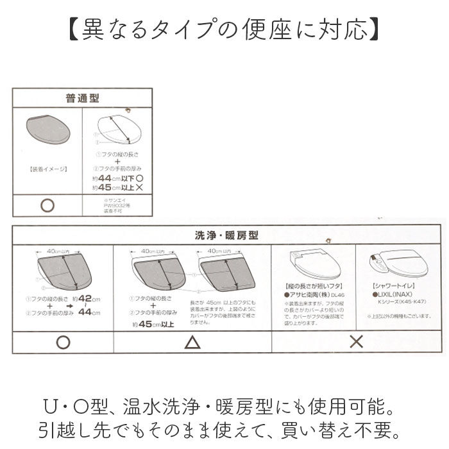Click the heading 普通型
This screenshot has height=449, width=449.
[83, 99]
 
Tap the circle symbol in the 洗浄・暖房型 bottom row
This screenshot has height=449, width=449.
[62, 342]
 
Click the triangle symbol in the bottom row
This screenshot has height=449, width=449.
[192, 342]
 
